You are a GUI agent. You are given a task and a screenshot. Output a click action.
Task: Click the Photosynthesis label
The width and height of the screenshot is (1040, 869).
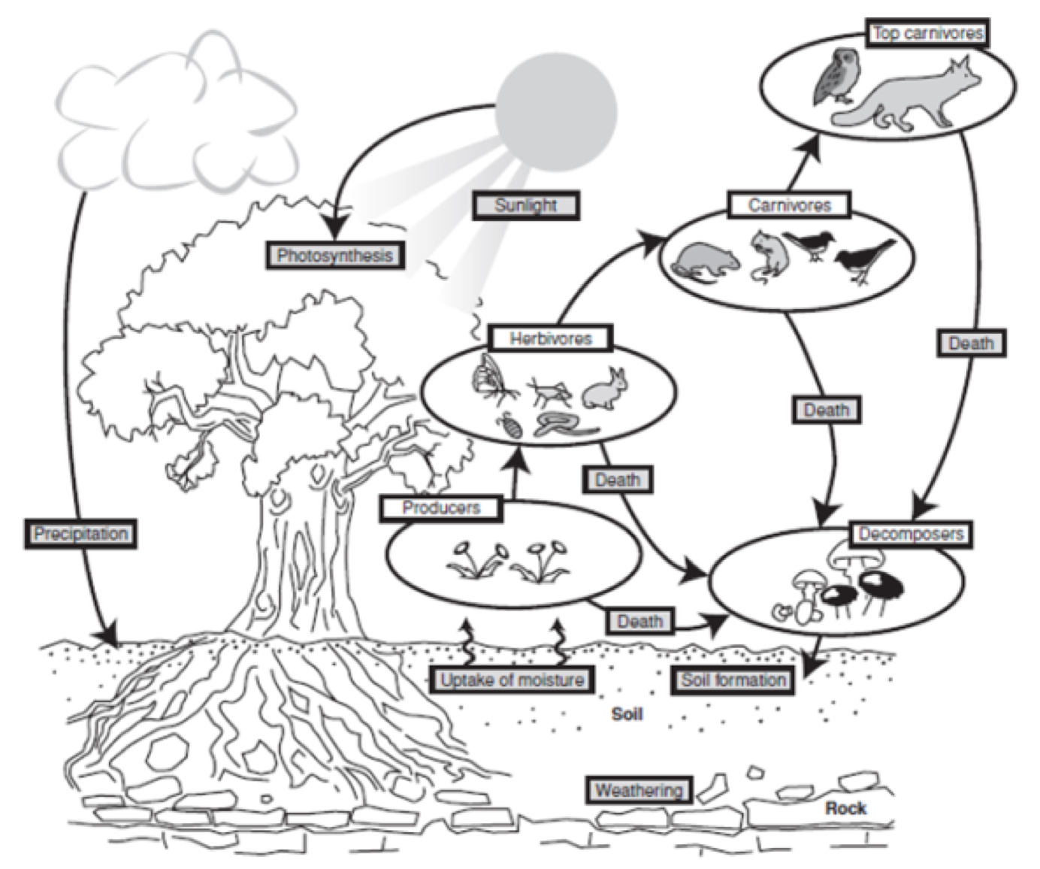(x=334, y=256)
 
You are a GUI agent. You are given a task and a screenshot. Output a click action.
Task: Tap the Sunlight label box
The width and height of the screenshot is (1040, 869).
(x=525, y=205)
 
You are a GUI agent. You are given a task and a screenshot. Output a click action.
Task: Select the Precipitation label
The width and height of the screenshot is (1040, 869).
(x=80, y=534)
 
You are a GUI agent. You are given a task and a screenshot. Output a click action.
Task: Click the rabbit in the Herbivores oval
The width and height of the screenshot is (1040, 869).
(x=607, y=389)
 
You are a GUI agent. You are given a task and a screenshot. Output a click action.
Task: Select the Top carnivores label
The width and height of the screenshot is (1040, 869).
(x=927, y=33)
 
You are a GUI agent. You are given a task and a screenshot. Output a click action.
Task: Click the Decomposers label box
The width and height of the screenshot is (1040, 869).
(x=911, y=534)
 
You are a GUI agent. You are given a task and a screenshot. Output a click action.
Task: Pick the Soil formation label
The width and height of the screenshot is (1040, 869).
(x=733, y=680)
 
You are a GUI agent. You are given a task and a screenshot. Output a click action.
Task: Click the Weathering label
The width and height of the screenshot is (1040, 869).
(x=639, y=790)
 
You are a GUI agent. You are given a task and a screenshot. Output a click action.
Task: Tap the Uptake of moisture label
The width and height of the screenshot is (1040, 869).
(x=512, y=680)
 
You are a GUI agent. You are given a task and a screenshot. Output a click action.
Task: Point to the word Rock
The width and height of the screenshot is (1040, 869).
(x=845, y=808)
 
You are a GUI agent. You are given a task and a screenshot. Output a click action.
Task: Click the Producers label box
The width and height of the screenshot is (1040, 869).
(x=440, y=508)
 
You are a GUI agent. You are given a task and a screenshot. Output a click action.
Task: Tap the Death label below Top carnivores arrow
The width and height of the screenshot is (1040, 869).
(x=971, y=344)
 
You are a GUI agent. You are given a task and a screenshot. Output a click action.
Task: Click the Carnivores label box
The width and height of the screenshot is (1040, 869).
(x=789, y=205)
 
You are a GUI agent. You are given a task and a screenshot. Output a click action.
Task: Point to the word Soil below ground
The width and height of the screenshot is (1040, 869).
(x=627, y=713)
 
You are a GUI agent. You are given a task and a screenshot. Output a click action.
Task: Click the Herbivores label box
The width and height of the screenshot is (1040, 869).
(x=550, y=339)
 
